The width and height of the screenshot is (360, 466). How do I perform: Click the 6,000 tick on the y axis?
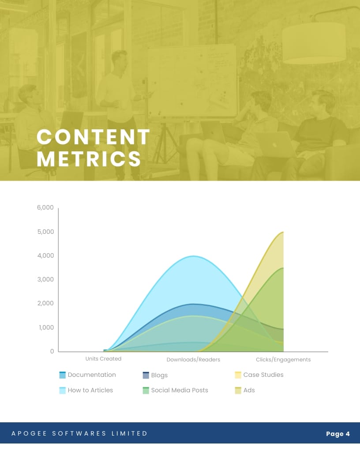click(x=45, y=207)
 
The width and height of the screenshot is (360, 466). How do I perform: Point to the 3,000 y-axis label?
click(x=45, y=279)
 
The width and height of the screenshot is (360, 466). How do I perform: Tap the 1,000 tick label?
click(x=46, y=327)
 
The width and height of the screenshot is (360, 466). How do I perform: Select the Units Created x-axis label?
click(x=103, y=359)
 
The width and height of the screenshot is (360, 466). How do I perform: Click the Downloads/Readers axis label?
click(x=193, y=360)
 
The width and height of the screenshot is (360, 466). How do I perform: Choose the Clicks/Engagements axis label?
click(x=283, y=360)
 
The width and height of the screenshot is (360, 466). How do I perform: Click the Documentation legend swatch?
click(x=62, y=375)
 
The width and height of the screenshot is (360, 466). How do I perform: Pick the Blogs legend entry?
click(x=155, y=375)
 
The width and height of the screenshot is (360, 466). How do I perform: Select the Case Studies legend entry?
click(x=259, y=375)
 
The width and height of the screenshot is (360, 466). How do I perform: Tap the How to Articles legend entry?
click(x=86, y=390)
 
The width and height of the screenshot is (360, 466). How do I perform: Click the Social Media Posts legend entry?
click(x=175, y=390)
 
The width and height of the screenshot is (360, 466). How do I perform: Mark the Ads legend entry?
click(x=245, y=390)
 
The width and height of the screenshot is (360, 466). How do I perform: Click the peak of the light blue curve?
click(x=193, y=256)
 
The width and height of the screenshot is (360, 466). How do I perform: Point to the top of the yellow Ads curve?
click(x=283, y=232)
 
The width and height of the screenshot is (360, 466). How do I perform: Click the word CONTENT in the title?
click(x=93, y=137)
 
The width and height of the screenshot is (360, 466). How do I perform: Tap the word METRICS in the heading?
click(x=89, y=159)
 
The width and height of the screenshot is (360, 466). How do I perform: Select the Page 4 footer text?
click(x=338, y=434)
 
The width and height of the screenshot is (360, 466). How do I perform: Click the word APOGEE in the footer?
click(x=29, y=434)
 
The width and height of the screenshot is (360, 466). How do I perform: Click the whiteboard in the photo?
click(x=192, y=80)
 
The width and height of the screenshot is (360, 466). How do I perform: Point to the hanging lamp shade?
click(x=314, y=43)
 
